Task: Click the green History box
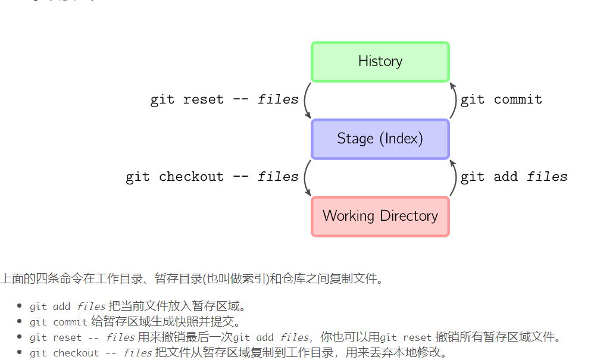coord(380,61)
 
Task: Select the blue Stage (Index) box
coord(380,139)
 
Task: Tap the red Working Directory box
coord(380,216)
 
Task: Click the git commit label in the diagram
coord(501,99)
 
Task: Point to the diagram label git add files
coord(514,177)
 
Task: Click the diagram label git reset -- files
coord(224,99)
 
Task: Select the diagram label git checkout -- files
coord(212,177)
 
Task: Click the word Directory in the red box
coord(408,216)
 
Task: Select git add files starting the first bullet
coord(67,307)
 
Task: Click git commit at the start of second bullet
coord(58,322)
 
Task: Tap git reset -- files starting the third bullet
coord(82,337)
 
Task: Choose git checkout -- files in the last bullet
coord(90,353)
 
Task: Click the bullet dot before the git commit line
coord(20,322)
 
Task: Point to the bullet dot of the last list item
coord(20,353)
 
